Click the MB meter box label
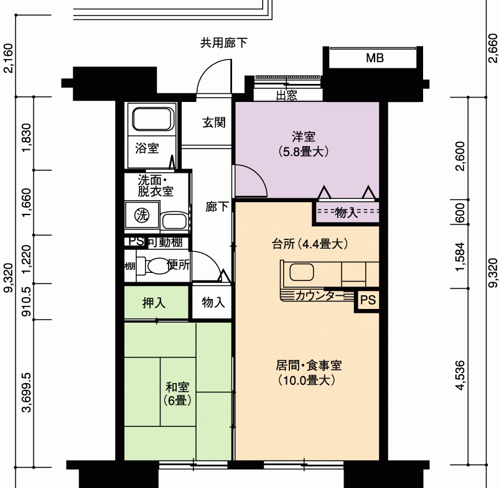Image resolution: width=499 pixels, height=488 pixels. [x=375, y=58]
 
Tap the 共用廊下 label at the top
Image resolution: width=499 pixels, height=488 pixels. [x=224, y=43]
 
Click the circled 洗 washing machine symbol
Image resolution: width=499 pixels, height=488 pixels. [x=142, y=215]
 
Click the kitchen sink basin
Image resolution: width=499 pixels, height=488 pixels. [x=301, y=272]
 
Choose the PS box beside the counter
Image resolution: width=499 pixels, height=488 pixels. [x=368, y=300]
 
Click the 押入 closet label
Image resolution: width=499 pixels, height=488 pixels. [x=154, y=303]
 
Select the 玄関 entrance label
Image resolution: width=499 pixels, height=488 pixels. [x=214, y=122]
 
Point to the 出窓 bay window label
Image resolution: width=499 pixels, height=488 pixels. [x=287, y=95]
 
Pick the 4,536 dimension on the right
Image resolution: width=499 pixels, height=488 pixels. [x=460, y=375]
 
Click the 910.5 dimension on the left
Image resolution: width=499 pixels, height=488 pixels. [x=27, y=302]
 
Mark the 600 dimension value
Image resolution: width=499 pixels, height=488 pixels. [x=460, y=213]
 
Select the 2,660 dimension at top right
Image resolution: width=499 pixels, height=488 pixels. [x=492, y=48]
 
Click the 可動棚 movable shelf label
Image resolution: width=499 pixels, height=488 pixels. [x=165, y=242]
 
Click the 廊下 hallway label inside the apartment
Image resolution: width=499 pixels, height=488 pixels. [x=217, y=207]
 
